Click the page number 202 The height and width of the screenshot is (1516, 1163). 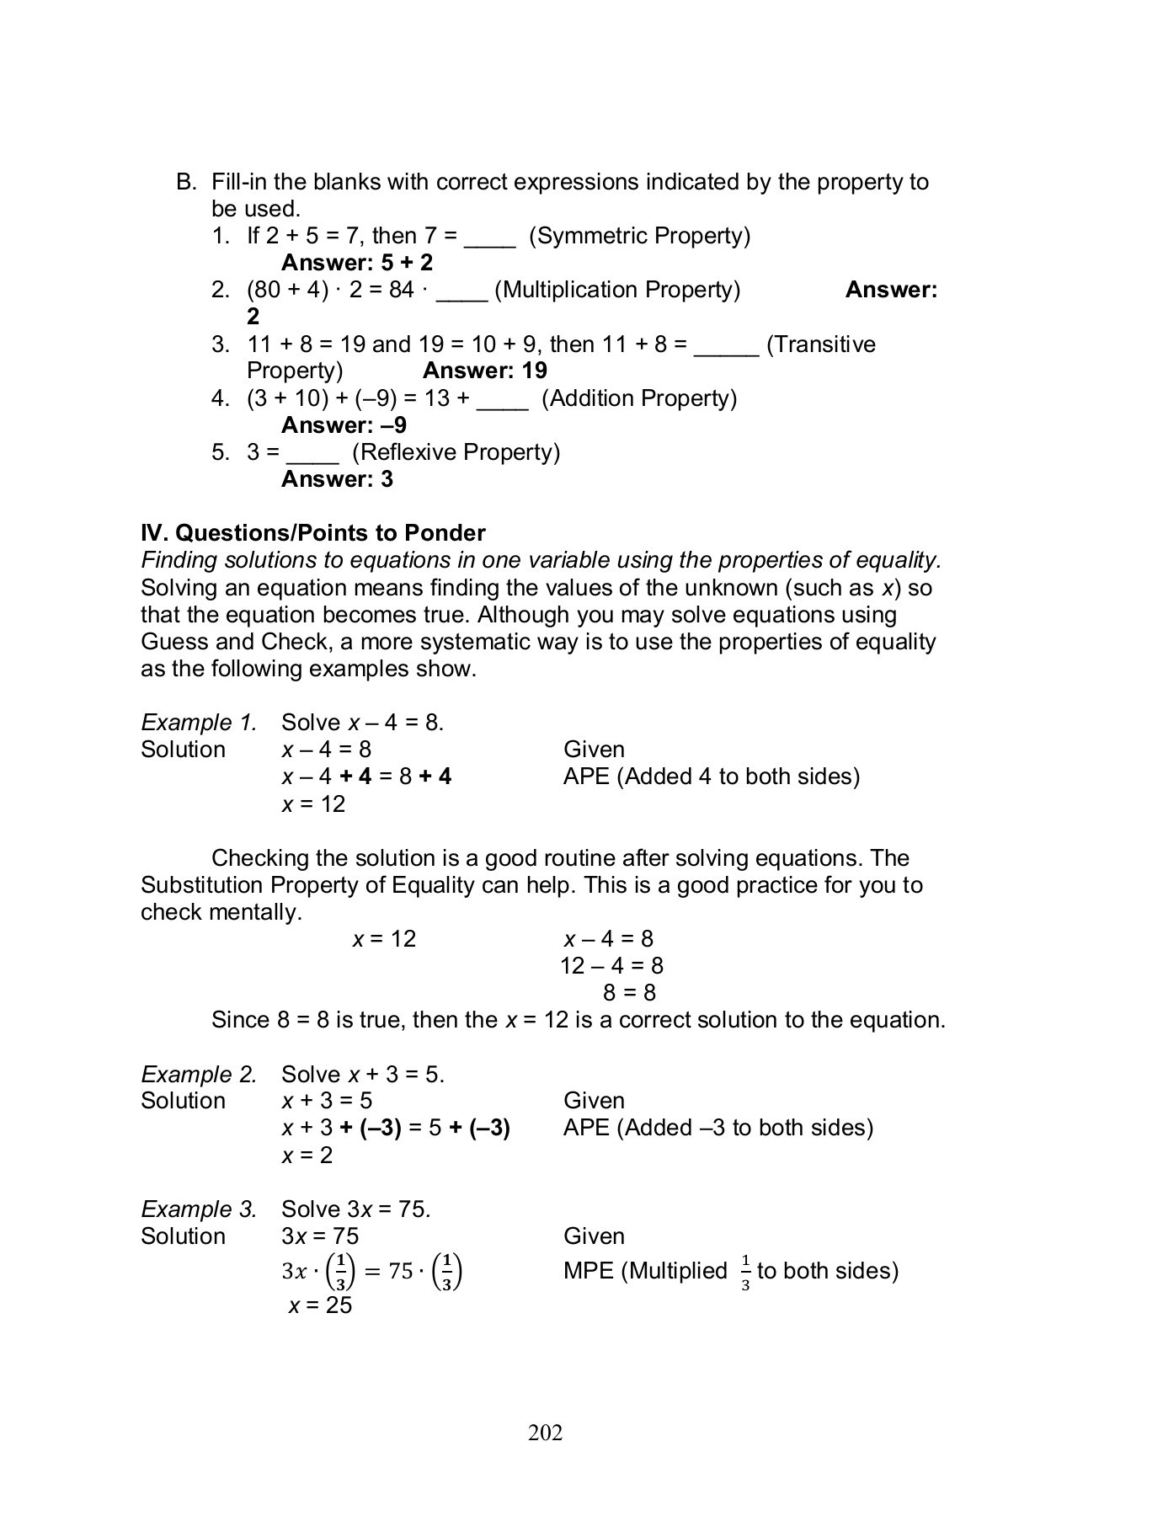tap(545, 1433)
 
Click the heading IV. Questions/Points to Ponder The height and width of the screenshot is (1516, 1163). tap(313, 533)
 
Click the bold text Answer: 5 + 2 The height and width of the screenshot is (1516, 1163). tap(357, 263)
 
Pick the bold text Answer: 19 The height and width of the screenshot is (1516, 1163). tap(485, 371)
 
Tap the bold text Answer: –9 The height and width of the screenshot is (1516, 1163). tap(344, 425)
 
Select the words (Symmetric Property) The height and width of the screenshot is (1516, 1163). tap(639, 236)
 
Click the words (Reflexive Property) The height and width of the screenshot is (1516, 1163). tap(456, 452)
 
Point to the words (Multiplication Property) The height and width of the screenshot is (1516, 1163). tap(617, 290)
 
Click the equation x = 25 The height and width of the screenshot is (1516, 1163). tap(320, 1305)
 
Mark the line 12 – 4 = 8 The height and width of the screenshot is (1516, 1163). tap(611, 966)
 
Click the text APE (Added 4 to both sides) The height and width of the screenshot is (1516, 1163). tap(712, 777)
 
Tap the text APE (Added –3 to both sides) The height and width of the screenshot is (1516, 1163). tap(718, 1128)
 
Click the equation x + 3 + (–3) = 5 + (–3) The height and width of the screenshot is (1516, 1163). tap(396, 1128)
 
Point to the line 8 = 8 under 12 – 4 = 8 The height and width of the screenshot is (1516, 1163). tap(629, 993)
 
